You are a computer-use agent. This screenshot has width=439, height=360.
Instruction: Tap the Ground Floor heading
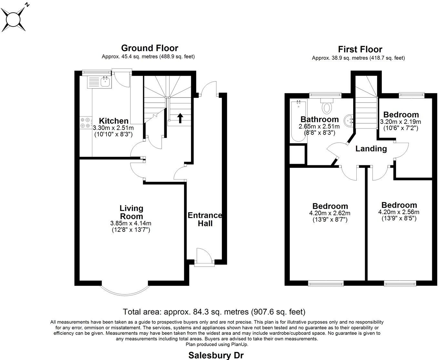coord(149,48)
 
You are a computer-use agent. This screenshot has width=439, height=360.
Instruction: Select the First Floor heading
coord(360,49)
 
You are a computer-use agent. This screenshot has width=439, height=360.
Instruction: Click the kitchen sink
coord(105,81)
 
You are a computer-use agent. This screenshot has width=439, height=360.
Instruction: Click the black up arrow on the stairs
coord(180,118)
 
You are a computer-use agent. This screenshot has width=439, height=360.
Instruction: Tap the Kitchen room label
coord(114,121)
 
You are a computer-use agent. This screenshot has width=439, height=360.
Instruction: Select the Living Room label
coord(132,212)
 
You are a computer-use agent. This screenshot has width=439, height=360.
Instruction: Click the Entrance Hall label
coord(205,219)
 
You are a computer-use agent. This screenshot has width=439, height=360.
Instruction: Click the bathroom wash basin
coord(349,120)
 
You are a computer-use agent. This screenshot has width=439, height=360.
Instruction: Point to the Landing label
coord(371,149)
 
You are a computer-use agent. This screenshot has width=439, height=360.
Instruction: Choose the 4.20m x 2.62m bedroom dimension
coord(330,213)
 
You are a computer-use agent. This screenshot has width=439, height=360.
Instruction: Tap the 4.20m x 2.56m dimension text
coord(399,212)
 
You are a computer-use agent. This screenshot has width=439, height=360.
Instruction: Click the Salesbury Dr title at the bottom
coord(216,355)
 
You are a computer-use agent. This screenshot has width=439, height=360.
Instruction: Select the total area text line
coord(214,312)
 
